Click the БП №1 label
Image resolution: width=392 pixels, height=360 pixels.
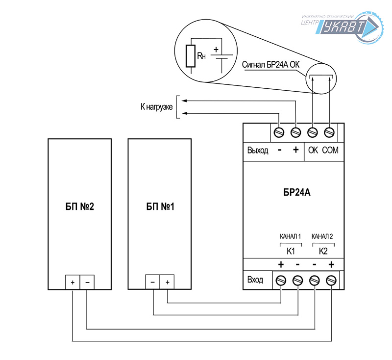pyautogui.click(x=160, y=206)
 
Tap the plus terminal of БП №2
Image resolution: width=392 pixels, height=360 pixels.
pyautogui.click(x=73, y=283)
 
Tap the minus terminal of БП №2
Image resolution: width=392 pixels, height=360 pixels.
pyautogui.click(x=87, y=283)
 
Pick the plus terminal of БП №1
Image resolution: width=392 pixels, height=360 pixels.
pyautogui.click(x=167, y=283)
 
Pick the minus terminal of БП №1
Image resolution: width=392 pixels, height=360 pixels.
pyautogui.click(x=153, y=283)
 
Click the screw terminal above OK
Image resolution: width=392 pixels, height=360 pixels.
pyautogui.click(x=313, y=132)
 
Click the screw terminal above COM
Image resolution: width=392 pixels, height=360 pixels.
pyautogui.click(x=329, y=132)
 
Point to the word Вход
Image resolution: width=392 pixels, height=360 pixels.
pyautogui.click(x=255, y=280)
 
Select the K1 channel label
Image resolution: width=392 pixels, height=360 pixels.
pyautogui.click(x=290, y=251)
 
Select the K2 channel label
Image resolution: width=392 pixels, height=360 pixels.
pyautogui.click(x=322, y=251)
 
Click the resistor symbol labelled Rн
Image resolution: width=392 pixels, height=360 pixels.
pyautogui.click(x=191, y=56)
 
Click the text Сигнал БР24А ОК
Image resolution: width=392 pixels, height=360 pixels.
pyautogui.click(x=270, y=64)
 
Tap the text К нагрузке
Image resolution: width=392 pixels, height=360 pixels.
pyautogui.click(x=156, y=106)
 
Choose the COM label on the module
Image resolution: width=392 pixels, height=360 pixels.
pyautogui.click(x=330, y=151)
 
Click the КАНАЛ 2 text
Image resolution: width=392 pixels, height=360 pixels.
pyautogui.click(x=322, y=236)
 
